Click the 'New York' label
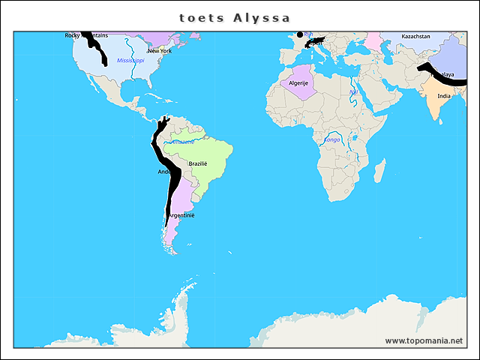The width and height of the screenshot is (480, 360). (159, 51)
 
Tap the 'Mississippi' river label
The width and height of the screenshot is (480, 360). (130, 60)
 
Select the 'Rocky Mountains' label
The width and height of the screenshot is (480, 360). (85, 35)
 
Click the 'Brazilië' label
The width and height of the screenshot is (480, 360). (198, 163)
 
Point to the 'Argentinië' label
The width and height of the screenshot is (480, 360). (181, 215)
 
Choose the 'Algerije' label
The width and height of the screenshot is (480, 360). (299, 82)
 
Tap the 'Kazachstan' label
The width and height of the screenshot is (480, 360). (415, 36)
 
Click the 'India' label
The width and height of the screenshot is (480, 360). (444, 96)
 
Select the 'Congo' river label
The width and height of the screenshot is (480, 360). (332, 139)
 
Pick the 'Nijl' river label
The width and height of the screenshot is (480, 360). (354, 92)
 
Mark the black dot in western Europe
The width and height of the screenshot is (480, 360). (300, 34)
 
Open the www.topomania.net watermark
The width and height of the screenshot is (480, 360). (424, 340)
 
